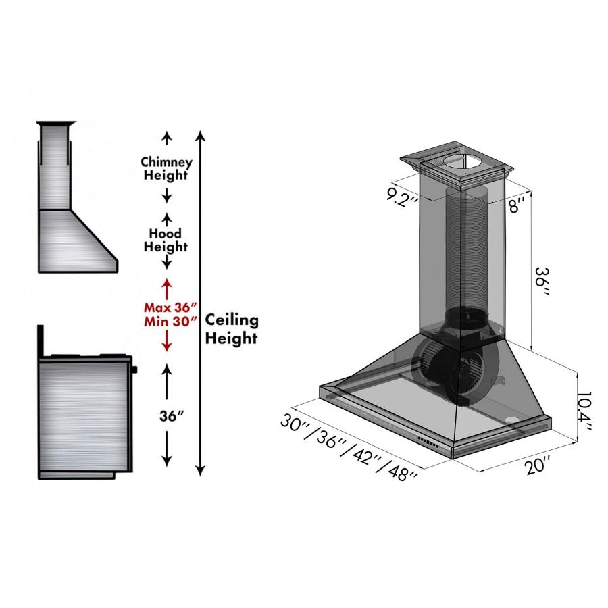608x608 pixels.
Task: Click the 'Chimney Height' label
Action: coord(166,169)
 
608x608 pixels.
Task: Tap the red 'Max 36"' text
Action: coord(166,306)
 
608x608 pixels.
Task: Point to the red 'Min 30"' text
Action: coord(166,321)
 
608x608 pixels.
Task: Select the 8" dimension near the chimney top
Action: coord(517,207)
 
